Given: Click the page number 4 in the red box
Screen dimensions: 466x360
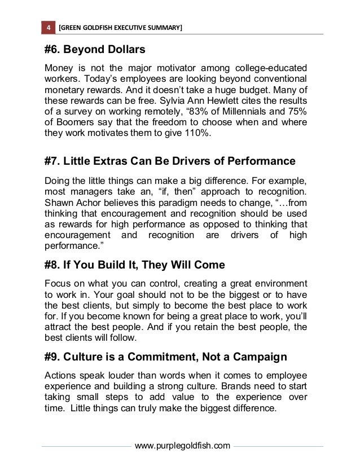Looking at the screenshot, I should click(x=49, y=28).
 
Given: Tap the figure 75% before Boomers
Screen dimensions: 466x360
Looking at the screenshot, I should click(x=296, y=112).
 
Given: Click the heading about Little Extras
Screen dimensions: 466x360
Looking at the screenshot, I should click(x=169, y=161).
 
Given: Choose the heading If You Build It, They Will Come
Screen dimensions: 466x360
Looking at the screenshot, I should click(x=134, y=265).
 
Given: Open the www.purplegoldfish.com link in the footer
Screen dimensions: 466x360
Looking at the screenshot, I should click(x=183, y=446).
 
